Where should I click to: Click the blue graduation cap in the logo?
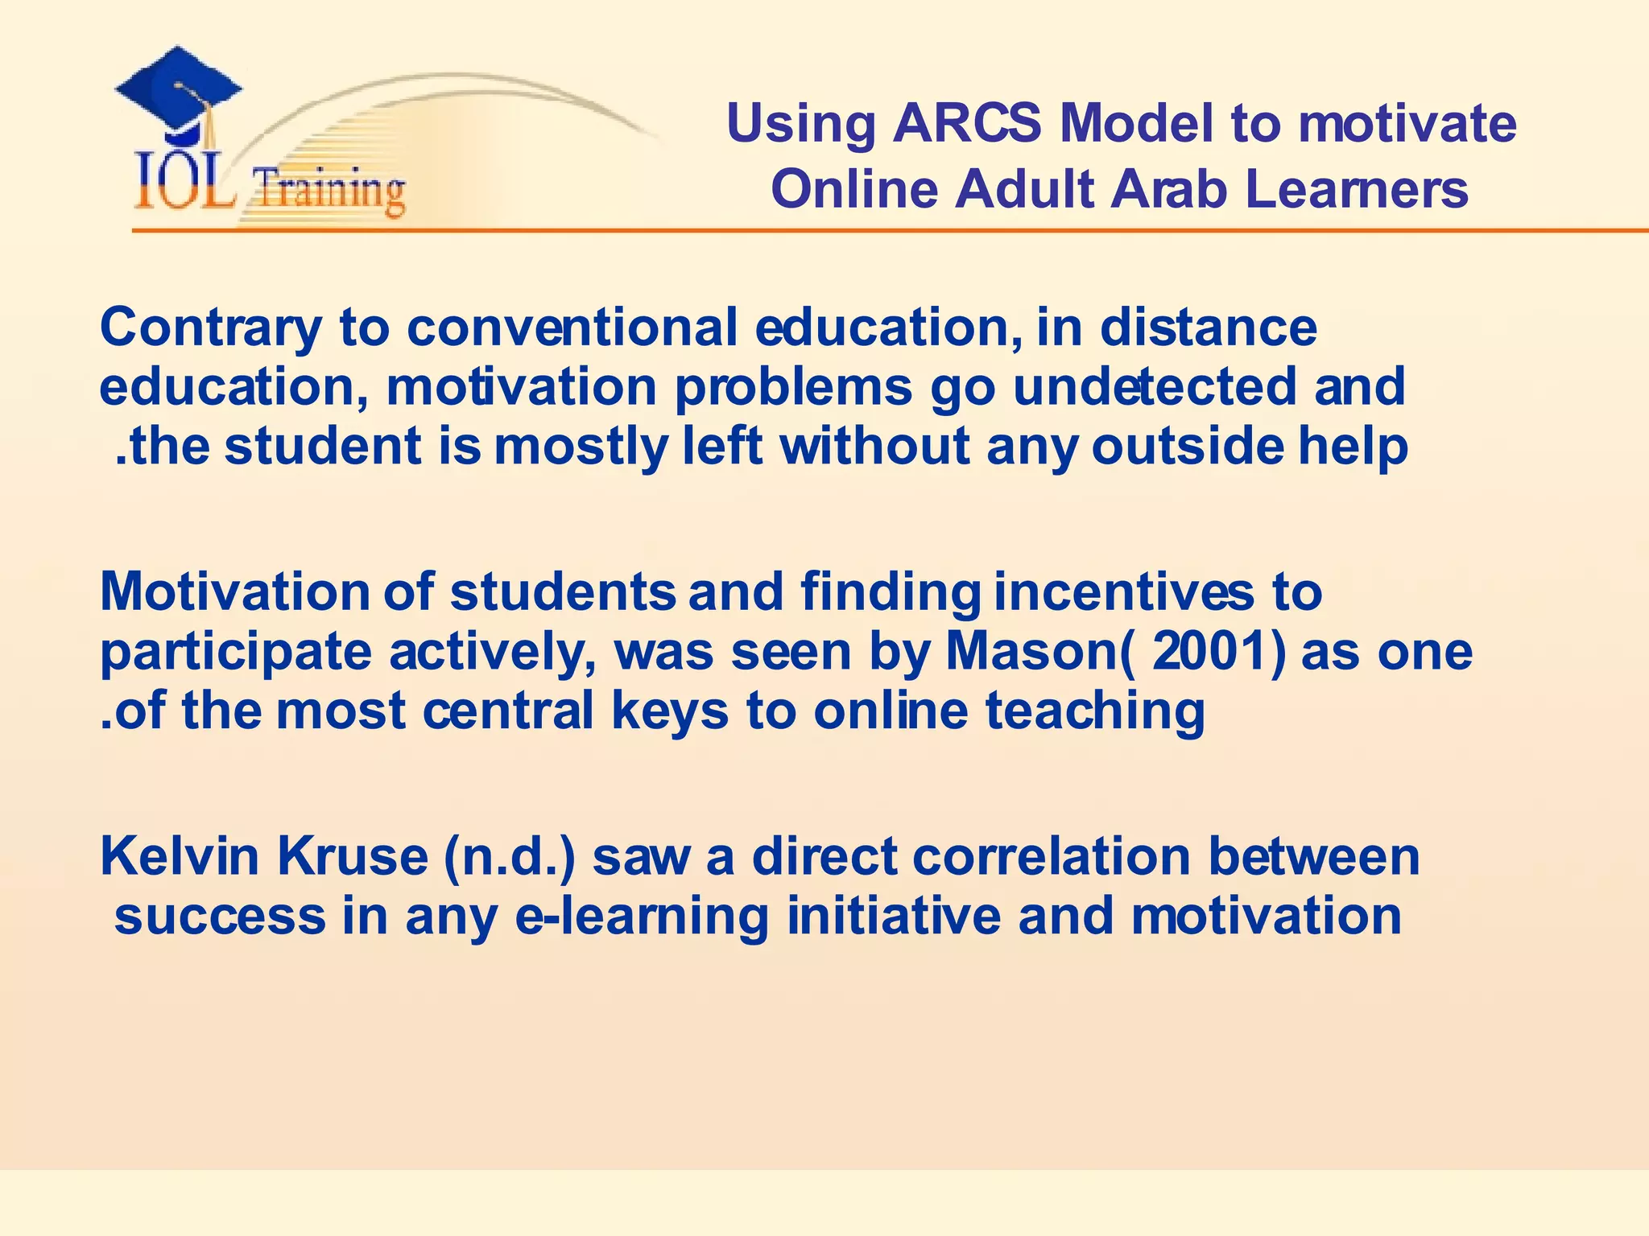[x=179, y=90]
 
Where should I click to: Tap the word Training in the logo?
[x=329, y=192]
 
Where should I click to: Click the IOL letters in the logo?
[x=184, y=183]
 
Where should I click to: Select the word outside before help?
[x=1187, y=446]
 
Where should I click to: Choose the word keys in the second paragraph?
[x=669, y=712]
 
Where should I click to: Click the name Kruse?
[x=353, y=856]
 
